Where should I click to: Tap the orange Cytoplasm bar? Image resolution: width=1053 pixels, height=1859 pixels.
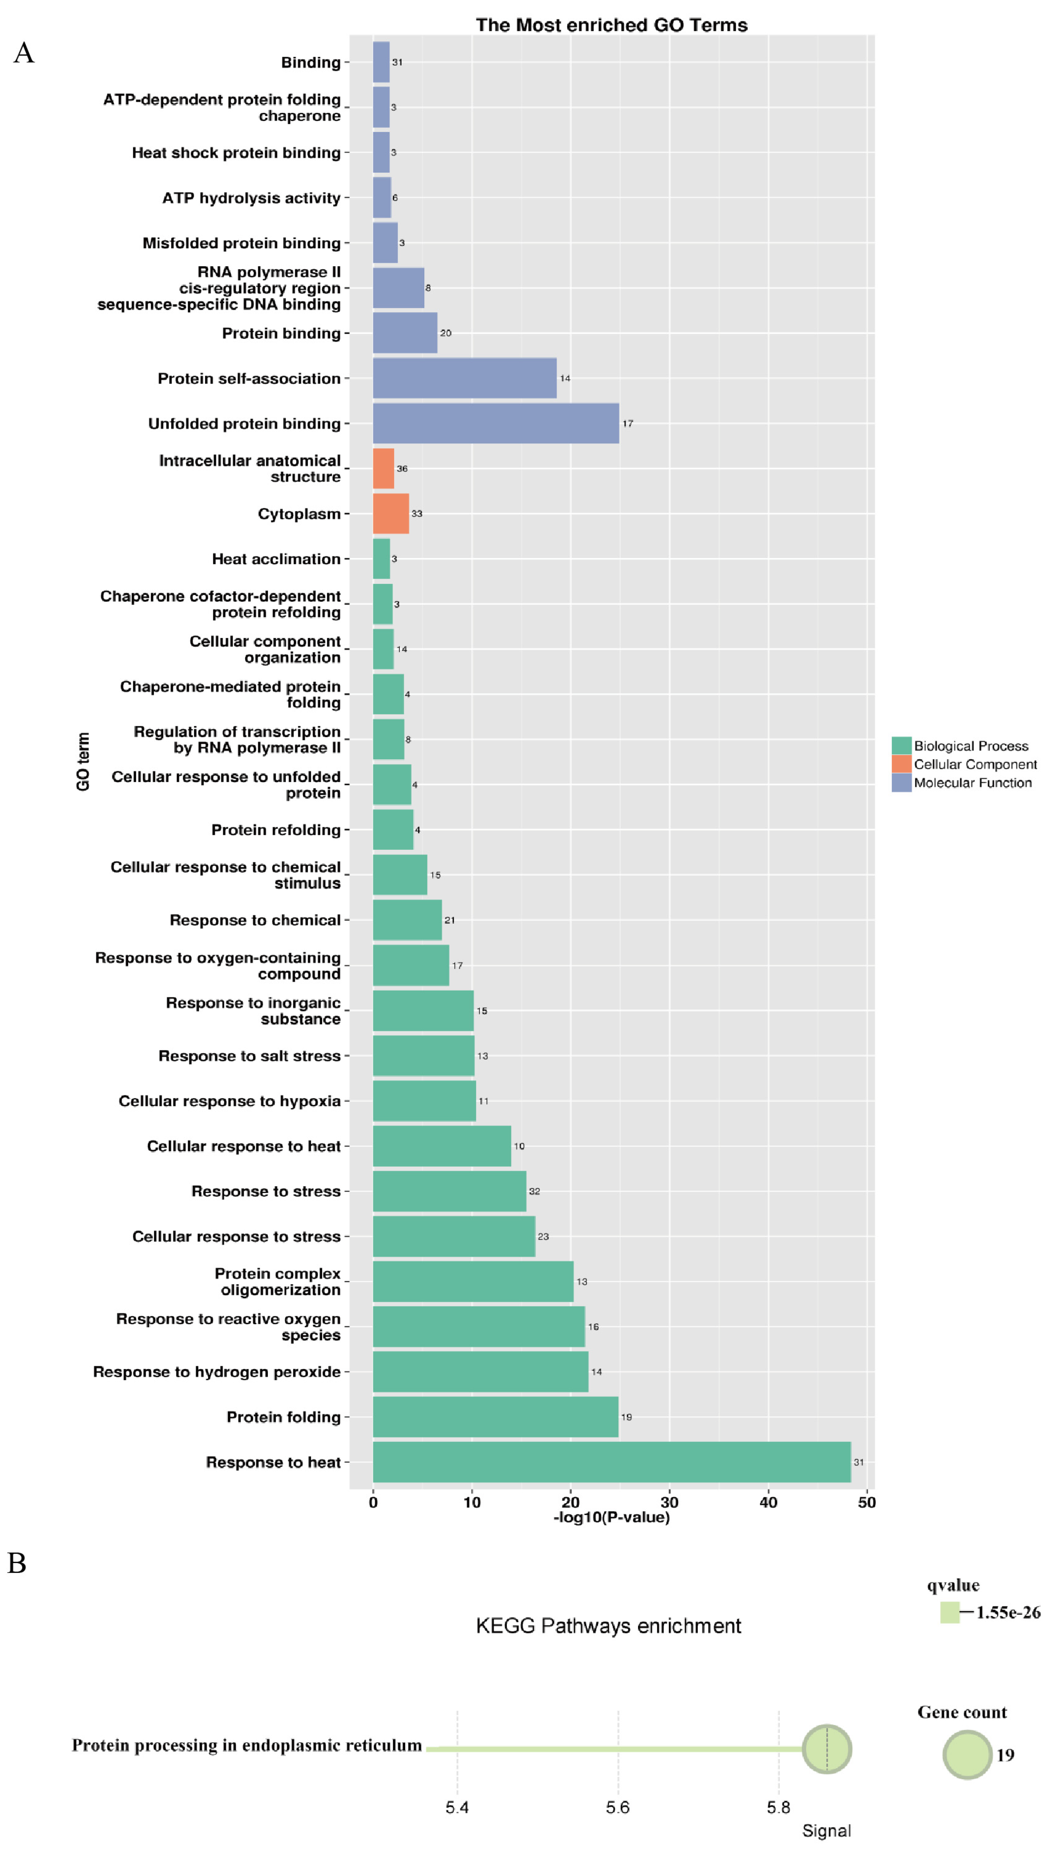click(x=390, y=513)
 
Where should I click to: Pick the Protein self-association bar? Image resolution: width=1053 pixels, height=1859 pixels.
click(x=464, y=378)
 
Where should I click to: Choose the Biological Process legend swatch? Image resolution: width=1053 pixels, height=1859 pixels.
click(x=901, y=745)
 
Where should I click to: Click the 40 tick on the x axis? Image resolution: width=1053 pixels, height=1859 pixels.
click(x=768, y=1503)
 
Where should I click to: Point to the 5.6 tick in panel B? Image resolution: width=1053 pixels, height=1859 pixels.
click(x=618, y=1808)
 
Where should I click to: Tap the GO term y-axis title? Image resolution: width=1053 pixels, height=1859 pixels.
click(x=83, y=761)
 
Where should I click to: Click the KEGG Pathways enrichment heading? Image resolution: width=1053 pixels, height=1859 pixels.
click(x=608, y=1626)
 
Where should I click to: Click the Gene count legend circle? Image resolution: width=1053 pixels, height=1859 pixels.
click(x=967, y=1755)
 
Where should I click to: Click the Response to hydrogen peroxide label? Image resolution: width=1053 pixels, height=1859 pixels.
click(x=217, y=1372)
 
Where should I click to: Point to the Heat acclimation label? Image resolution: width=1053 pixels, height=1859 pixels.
click(x=276, y=559)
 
